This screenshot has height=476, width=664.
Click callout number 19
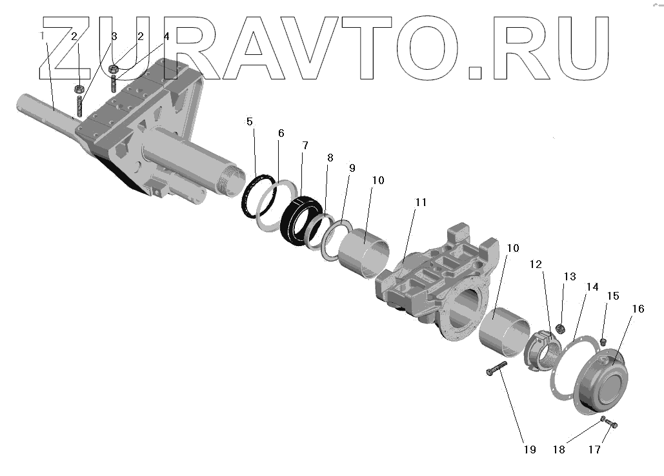(530, 450)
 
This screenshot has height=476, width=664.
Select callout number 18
(559, 450)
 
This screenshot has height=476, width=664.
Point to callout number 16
(638, 309)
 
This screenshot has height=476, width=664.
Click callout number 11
(421, 202)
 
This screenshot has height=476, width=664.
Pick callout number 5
(250, 122)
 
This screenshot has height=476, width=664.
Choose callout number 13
(569, 277)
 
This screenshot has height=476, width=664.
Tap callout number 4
(166, 37)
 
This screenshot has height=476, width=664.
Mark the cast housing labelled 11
(439, 284)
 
